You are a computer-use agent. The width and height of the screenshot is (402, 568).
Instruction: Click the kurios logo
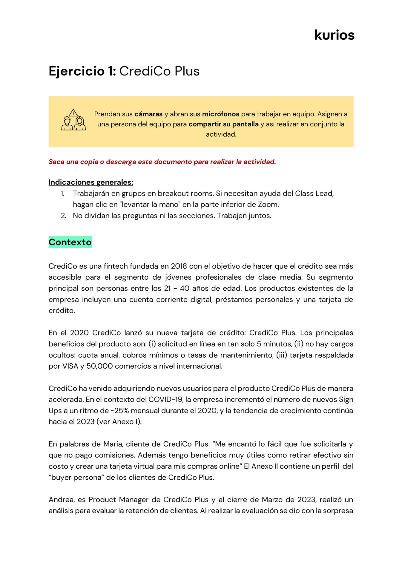(x=334, y=35)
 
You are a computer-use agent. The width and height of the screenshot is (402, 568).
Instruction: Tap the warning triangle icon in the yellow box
(x=73, y=113)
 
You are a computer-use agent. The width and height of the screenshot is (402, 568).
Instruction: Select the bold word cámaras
(x=148, y=114)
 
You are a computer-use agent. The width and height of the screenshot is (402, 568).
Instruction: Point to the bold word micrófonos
(x=220, y=114)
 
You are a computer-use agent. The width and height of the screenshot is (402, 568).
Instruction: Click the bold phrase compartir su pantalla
(x=223, y=124)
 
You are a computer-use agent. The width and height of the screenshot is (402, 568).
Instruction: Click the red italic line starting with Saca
(x=162, y=162)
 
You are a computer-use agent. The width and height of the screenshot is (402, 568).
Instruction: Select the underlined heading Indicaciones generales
(x=91, y=182)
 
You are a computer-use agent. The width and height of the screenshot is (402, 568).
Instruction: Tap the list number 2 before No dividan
(x=63, y=216)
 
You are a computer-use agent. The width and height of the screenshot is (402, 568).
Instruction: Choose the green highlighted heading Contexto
(x=70, y=242)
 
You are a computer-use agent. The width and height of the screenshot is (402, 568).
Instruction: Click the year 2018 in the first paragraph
(x=179, y=266)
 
